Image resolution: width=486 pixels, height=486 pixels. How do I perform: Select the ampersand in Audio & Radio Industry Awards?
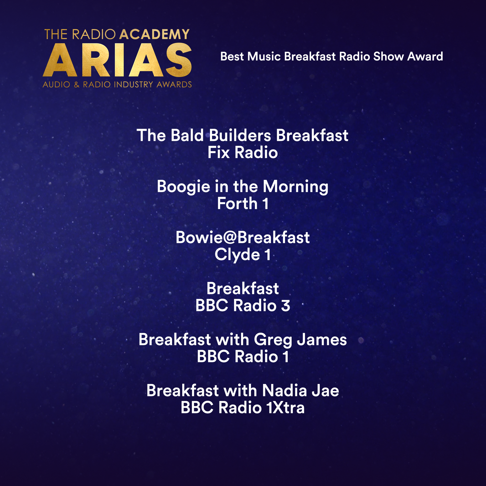point(77,85)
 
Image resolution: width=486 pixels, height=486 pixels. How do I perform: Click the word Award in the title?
point(425,56)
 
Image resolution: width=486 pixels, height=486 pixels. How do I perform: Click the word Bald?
point(187,135)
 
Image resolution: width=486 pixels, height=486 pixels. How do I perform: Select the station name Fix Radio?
point(243,152)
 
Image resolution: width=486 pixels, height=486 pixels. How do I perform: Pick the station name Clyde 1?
point(243,255)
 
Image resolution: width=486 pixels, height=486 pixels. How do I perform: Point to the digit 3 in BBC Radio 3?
point(286,306)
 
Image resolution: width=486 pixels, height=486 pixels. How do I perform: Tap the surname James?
point(322,340)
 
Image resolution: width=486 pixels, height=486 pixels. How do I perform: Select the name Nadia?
point(285,391)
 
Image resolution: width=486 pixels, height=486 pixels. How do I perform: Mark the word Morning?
point(295,187)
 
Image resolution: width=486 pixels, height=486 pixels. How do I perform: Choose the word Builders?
point(240,135)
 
